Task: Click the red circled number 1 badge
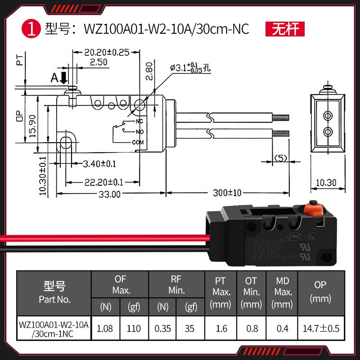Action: [x=31, y=30]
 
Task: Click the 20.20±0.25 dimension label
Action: [x=107, y=52]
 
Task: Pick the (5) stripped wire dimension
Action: [x=281, y=158]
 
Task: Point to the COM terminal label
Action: [x=137, y=143]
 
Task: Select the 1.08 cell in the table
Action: [x=105, y=328]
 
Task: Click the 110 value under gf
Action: [x=134, y=328]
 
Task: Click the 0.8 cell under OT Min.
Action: [x=252, y=328]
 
